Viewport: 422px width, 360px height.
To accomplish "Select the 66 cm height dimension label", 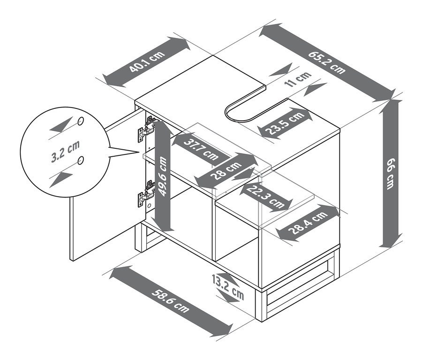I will coord(390,174).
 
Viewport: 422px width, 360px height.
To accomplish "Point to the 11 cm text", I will coord(298,79).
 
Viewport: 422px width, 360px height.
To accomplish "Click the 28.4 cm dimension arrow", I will coord(308,223).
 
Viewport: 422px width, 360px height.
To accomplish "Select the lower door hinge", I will coord(147,194).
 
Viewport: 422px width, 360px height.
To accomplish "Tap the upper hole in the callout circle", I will coord(81,122).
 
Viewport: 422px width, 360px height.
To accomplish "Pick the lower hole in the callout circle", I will coord(81,161).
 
